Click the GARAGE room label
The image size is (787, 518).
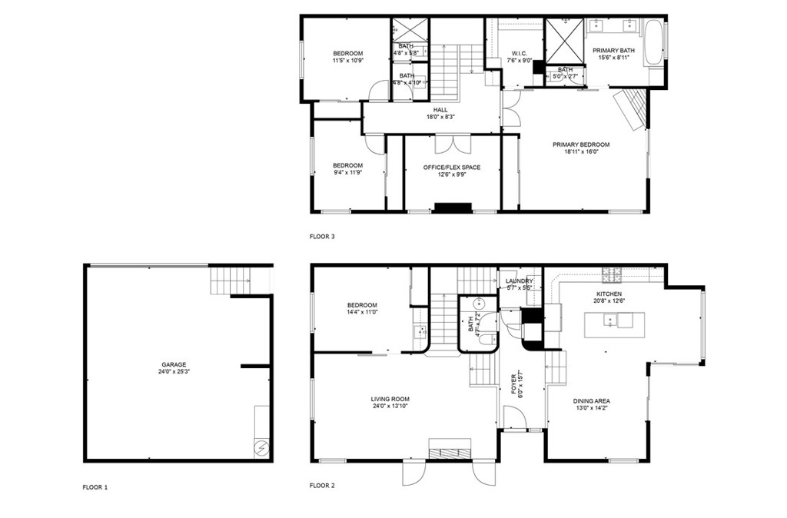[173, 365]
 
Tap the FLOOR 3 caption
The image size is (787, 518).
[321, 237]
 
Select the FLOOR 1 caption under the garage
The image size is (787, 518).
[95, 487]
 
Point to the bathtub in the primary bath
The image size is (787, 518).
[655, 42]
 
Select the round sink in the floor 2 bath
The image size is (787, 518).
[477, 303]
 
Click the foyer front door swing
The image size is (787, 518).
[514, 418]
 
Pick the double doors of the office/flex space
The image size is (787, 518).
[451, 144]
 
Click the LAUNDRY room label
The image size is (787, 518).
[520, 281]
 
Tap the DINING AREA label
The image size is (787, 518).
[591, 401]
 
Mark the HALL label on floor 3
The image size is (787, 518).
[440, 110]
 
